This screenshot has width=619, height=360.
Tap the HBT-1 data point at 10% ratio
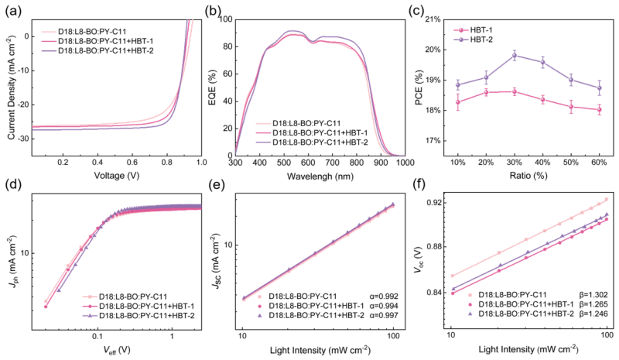click(458, 102)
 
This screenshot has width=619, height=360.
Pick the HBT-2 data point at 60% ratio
click(599, 87)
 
